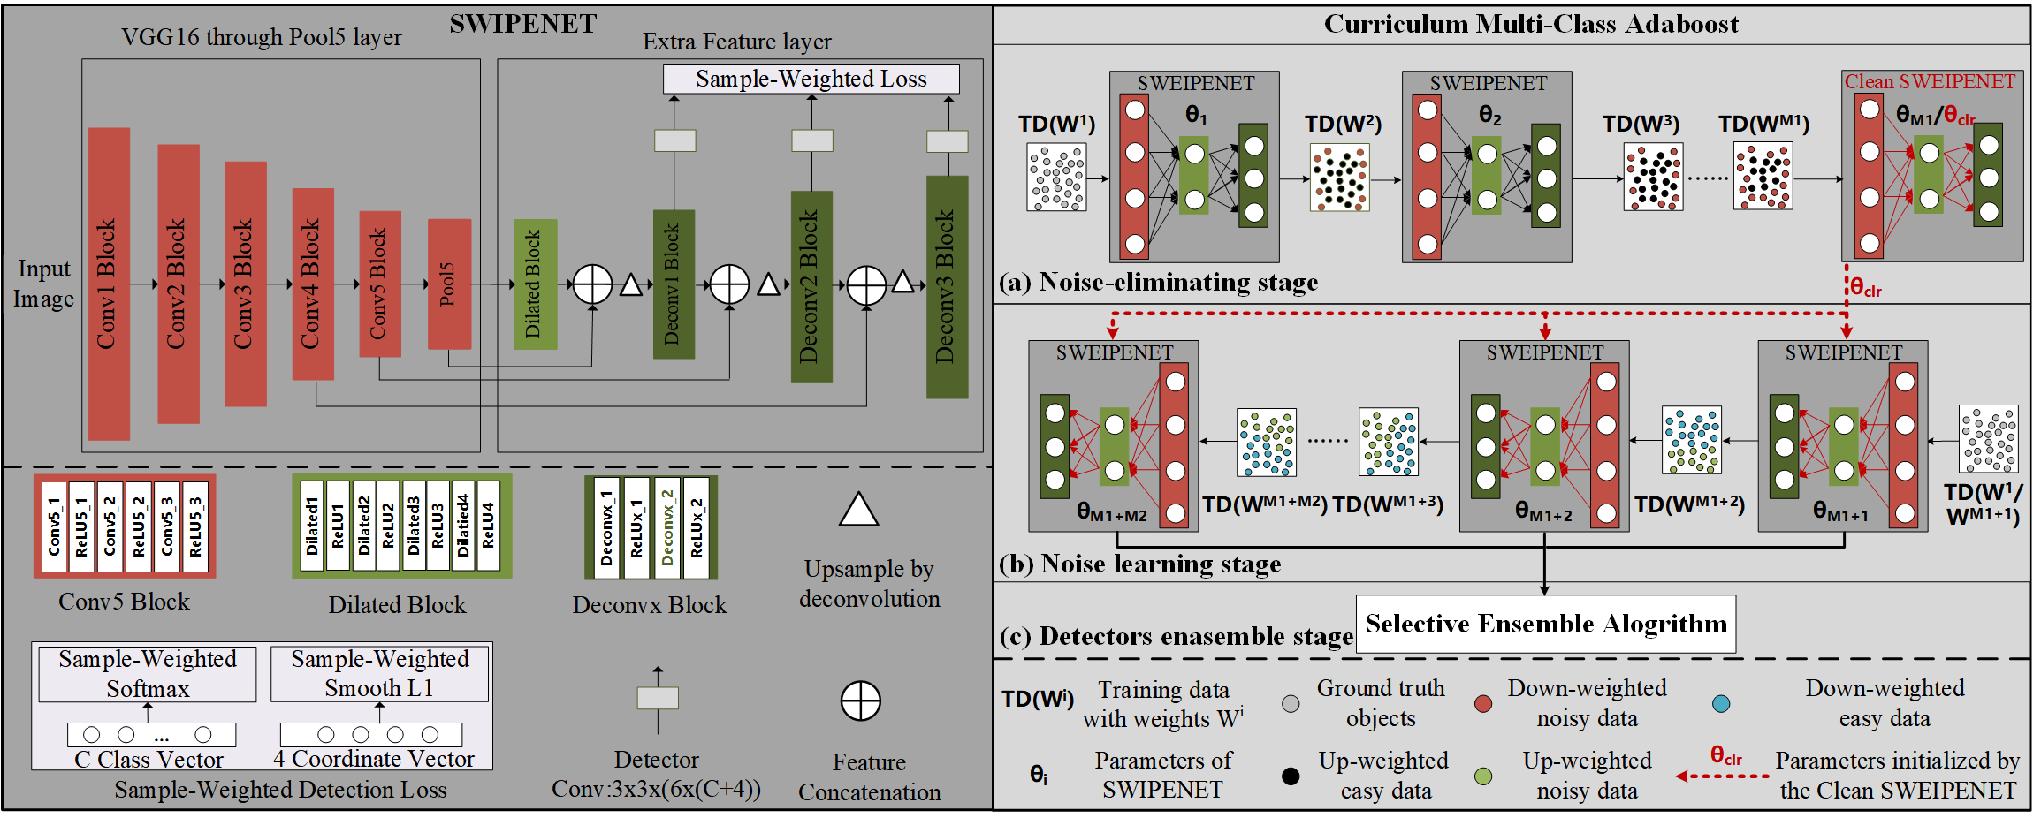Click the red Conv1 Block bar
tap(109, 283)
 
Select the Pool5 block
tap(449, 283)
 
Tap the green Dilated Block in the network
tap(535, 284)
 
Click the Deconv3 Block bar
tap(947, 286)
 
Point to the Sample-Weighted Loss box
tap(811, 79)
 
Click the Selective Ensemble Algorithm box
tap(1545, 624)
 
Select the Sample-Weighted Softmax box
tap(148, 673)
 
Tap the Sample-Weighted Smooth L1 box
tap(379, 673)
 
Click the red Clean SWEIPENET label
tap(1929, 81)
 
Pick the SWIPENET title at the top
tap(522, 24)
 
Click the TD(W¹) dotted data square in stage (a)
tap(1056, 178)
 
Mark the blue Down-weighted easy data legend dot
tap(1720, 703)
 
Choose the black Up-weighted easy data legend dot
tap(1291, 776)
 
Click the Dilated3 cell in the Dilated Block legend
tap(414, 526)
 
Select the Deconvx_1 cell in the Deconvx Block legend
tap(606, 528)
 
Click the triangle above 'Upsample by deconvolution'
tap(858, 510)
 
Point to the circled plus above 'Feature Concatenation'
tap(860, 701)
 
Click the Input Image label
tap(43, 284)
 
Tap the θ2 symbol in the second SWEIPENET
tap(1489, 115)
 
